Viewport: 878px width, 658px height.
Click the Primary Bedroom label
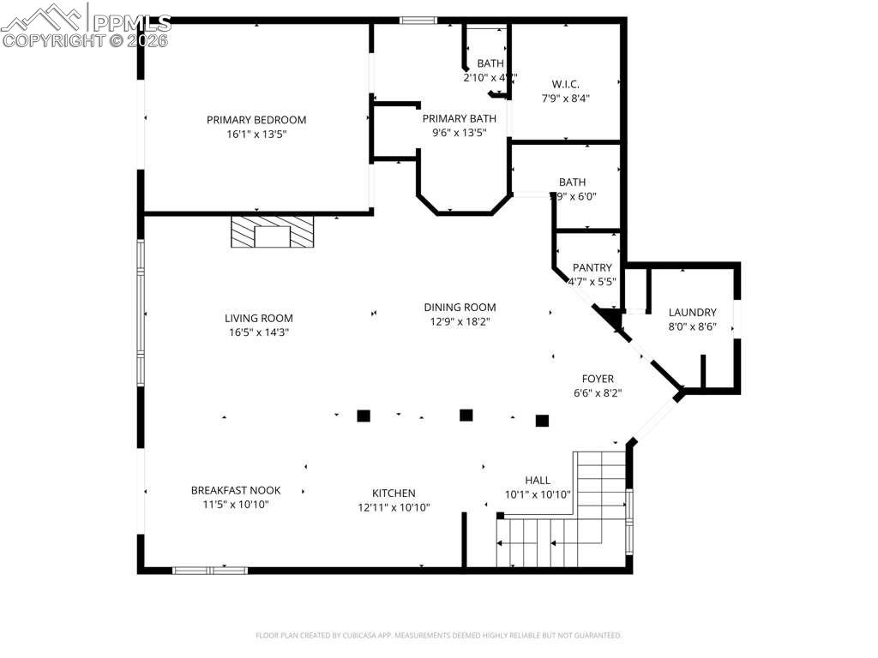click(256, 120)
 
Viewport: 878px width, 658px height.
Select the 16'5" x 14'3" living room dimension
click(258, 332)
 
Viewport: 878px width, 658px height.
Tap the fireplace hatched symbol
click(273, 232)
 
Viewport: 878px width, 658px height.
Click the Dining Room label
click(460, 308)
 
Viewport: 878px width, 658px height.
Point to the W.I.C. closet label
click(565, 84)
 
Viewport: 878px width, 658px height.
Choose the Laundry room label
click(692, 313)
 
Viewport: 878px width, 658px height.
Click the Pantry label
click(592, 268)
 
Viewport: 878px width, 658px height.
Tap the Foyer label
click(598, 379)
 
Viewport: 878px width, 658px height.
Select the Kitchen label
click(394, 493)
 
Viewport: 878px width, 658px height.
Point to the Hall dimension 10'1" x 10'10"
click(538, 495)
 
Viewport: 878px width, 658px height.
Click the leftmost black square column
click(364, 416)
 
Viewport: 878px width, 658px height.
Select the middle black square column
click(466, 415)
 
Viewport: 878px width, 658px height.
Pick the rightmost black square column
click(542, 420)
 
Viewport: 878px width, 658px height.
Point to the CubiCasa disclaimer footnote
click(438, 636)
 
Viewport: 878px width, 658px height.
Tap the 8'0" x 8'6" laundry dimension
click(692, 326)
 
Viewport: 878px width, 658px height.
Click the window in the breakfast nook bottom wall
click(210, 569)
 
